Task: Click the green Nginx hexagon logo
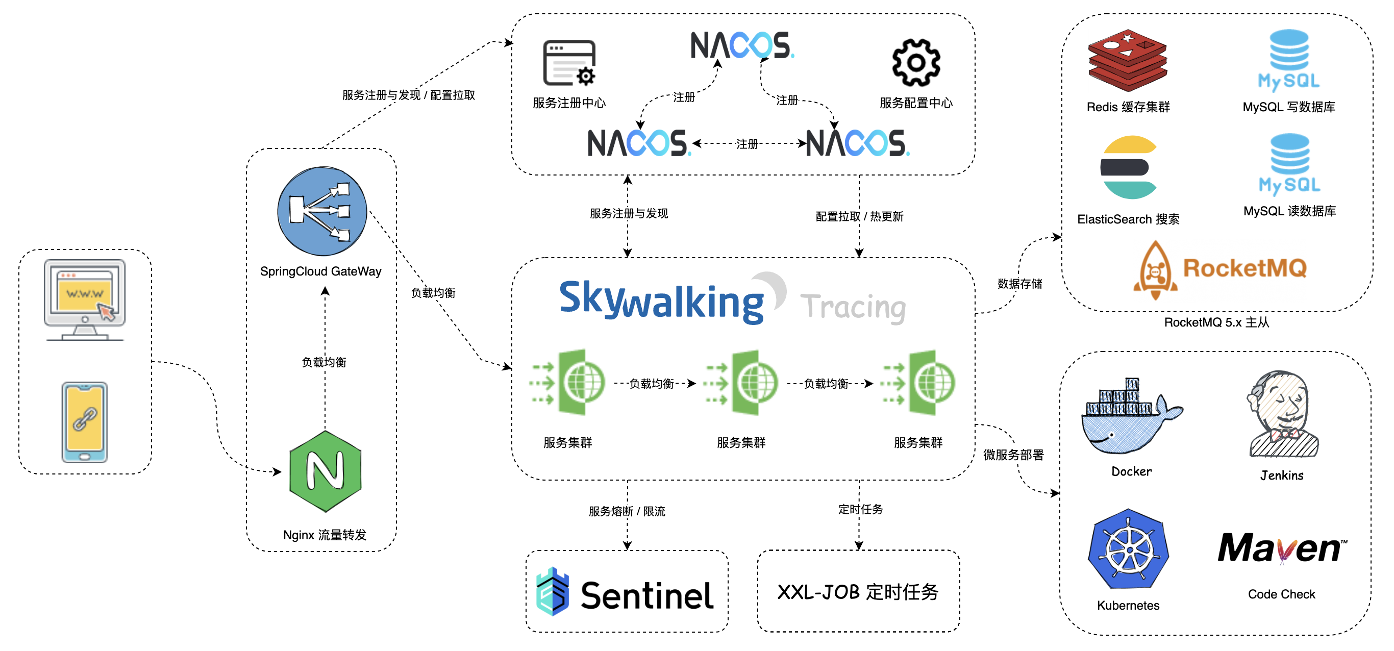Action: (325, 471)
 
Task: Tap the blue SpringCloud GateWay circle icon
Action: (322, 211)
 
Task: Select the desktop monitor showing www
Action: (85, 298)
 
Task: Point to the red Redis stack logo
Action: (1127, 60)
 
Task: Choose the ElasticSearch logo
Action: (1129, 167)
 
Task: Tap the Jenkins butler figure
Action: (1283, 414)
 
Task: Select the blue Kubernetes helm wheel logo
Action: (1129, 549)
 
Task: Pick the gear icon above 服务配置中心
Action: (915, 63)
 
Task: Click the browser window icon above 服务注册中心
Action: (569, 63)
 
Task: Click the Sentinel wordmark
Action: (646, 595)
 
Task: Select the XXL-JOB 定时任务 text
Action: (858, 592)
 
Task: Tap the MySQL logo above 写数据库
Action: (1289, 60)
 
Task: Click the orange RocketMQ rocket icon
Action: (1155, 269)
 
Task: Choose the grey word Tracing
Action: (853, 307)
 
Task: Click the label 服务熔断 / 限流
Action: (627, 511)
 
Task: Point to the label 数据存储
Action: (1019, 284)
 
